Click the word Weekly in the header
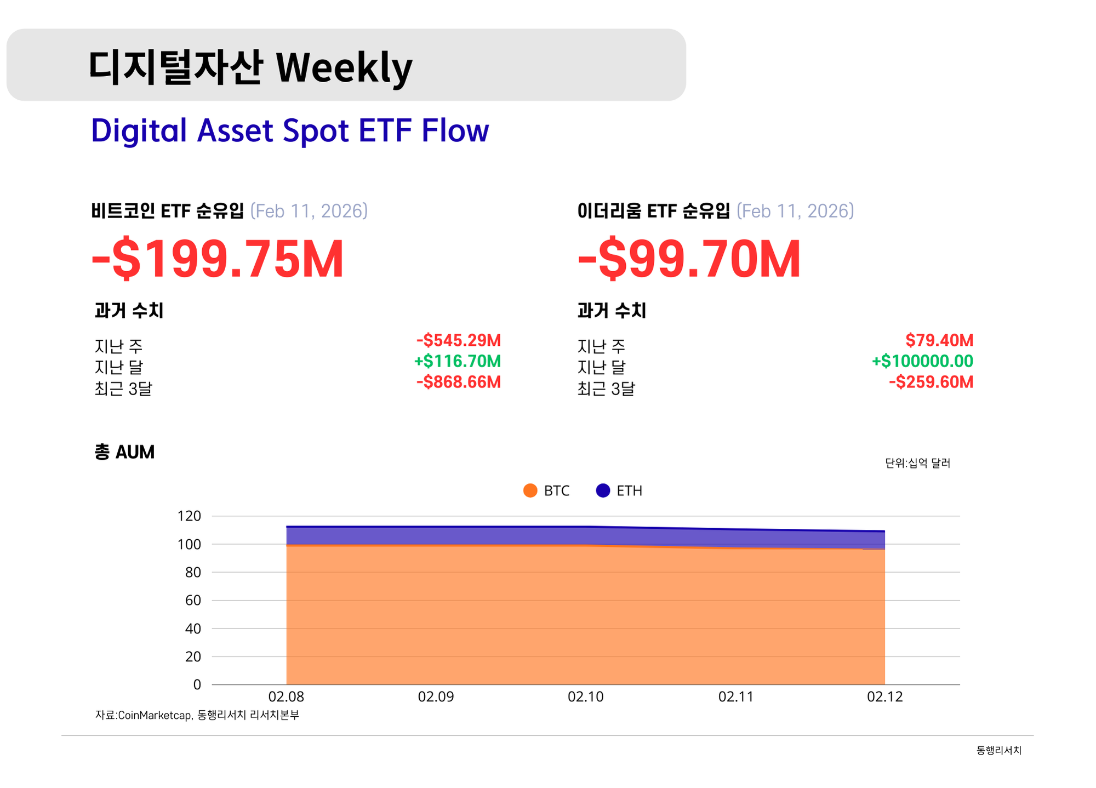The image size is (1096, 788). coord(344,68)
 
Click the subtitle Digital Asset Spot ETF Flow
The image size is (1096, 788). coord(290,131)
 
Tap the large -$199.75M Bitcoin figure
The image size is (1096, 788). coord(218,259)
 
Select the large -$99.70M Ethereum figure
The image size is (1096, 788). coord(689,259)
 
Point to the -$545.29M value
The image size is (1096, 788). coord(458,340)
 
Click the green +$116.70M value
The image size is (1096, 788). coord(458,361)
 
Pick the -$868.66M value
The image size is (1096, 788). coord(458,382)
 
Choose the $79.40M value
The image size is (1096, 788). coord(939,340)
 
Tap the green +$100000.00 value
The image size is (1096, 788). coord(922,361)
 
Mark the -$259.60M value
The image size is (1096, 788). coord(931,382)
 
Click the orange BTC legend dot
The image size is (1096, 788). coord(530,490)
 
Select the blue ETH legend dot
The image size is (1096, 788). coord(603,490)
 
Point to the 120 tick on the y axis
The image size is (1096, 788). coord(190,516)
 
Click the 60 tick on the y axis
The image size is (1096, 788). coord(193,600)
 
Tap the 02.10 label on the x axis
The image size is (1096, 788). coord(585,696)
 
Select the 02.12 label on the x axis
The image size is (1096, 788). coord(884,696)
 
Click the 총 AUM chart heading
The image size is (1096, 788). coord(124,452)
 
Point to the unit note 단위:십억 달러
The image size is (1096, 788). coord(917,463)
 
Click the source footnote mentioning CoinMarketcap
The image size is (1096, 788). coord(197,715)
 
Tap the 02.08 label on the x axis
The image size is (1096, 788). coord(286,696)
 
